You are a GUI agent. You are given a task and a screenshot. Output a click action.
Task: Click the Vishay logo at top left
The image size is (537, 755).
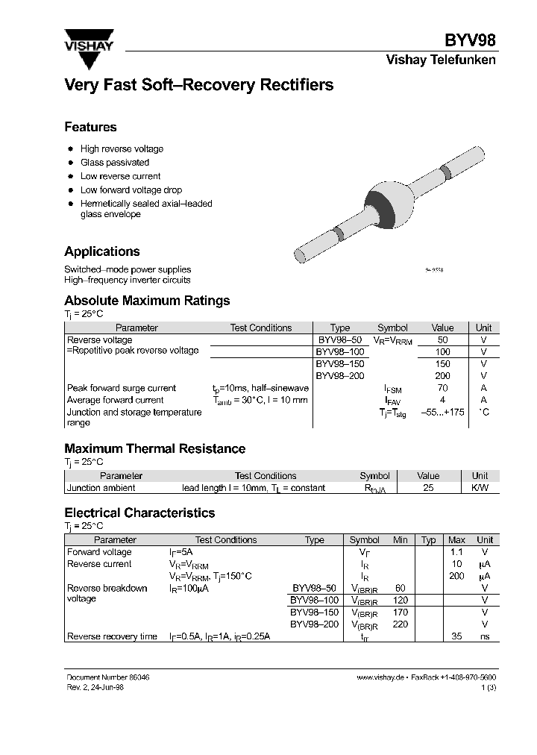88,40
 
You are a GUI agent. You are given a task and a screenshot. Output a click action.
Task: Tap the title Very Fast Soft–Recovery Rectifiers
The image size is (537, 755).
198,86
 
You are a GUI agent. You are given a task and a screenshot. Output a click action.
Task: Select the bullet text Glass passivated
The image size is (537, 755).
115,163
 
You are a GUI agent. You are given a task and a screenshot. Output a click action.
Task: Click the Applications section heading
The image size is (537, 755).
102,252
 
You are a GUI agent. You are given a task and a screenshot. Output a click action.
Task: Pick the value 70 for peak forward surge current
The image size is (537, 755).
442,389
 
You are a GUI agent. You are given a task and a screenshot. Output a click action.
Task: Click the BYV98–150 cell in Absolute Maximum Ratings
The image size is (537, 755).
339,364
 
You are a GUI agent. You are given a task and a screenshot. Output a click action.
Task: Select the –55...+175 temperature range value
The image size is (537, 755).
442,413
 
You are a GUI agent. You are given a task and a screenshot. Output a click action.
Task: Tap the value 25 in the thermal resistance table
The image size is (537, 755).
428,488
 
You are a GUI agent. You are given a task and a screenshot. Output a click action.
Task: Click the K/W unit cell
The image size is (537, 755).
480,488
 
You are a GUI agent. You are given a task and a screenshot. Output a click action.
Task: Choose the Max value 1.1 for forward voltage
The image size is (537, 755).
456,552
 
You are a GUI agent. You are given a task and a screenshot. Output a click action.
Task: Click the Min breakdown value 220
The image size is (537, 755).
401,624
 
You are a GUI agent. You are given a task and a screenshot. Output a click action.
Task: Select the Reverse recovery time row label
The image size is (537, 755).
112,637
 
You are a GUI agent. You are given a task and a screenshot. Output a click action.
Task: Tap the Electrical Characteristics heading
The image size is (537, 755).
139,513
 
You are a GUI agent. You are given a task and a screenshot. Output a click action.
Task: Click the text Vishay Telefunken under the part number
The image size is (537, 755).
441,60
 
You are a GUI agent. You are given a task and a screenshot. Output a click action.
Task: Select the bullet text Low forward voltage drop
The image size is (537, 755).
131,190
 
